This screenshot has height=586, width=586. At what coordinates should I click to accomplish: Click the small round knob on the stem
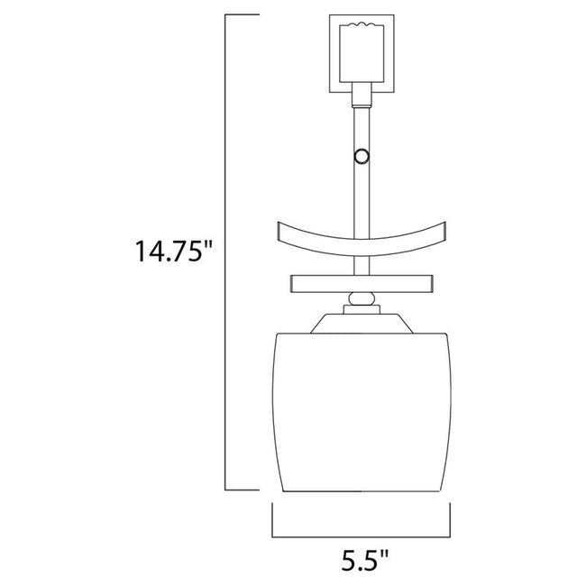click(x=362, y=156)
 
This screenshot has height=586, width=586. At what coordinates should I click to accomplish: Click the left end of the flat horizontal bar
click(x=293, y=284)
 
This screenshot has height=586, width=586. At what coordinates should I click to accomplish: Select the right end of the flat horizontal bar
click(x=431, y=284)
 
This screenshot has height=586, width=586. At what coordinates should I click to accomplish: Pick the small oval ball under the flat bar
click(x=362, y=298)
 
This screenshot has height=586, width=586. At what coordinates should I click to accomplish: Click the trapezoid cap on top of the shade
click(x=362, y=322)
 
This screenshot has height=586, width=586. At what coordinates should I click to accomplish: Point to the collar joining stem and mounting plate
click(x=362, y=92)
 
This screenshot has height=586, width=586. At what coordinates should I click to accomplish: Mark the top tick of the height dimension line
click(x=242, y=15)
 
